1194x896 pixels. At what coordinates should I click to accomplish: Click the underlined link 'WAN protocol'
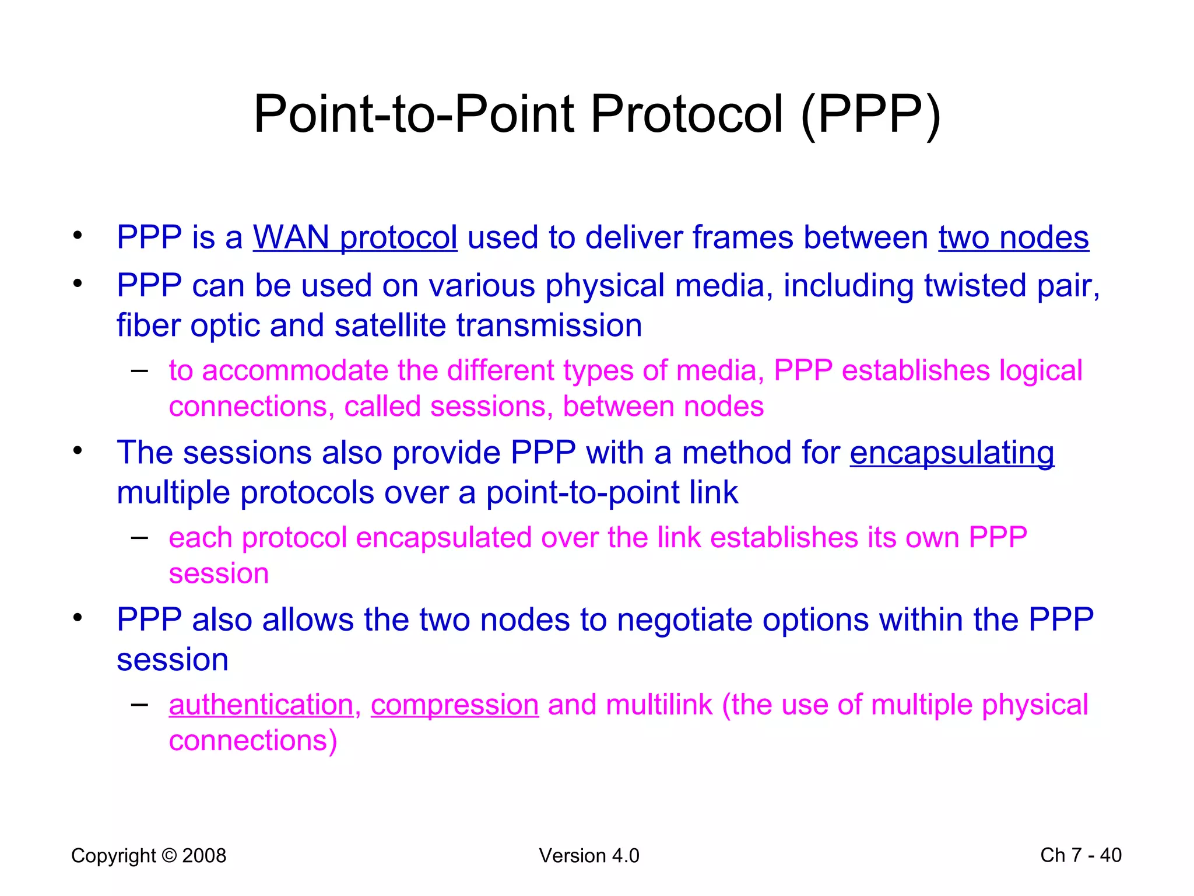coord(354,238)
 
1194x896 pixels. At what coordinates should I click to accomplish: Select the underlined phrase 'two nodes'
coord(1013,238)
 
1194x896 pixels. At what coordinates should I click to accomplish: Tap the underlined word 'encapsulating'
coord(951,453)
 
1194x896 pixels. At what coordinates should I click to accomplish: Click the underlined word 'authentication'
coord(261,705)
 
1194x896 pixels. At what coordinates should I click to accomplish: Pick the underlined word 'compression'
coord(454,705)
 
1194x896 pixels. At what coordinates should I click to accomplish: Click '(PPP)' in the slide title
coord(871,115)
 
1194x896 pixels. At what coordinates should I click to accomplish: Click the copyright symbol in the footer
coord(169,856)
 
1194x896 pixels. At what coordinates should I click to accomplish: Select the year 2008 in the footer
coord(204,856)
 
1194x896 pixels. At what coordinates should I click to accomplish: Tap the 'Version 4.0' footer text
coord(589,856)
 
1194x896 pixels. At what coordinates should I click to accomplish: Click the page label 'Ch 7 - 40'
coord(1080,855)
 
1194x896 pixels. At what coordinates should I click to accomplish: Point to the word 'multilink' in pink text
coord(659,705)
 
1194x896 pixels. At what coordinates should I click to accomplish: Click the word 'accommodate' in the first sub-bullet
coord(295,371)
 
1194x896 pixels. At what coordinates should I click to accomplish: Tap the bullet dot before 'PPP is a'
coord(78,236)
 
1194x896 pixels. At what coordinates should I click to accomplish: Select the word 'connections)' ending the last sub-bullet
coord(253,741)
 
